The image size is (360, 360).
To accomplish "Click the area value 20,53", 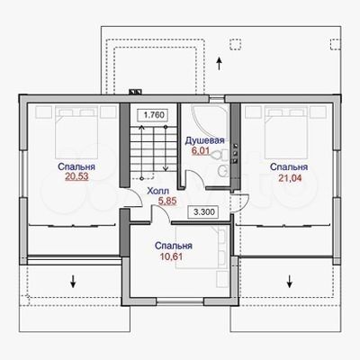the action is (x=76, y=176).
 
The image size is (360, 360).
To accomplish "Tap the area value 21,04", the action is (x=290, y=178).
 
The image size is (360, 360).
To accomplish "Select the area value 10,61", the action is (x=172, y=256).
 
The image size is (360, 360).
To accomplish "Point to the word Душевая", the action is (x=204, y=140).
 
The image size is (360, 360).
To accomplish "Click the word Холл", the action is (x=157, y=191).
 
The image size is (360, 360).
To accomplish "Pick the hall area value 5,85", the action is (x=167, y=201).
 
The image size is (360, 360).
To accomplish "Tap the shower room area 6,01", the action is (x=201, y=150).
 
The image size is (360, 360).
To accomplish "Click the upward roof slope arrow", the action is (x=220, y=63).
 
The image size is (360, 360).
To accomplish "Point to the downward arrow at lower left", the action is (x=73, y=281).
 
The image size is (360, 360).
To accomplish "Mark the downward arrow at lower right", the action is (x=290, y=281).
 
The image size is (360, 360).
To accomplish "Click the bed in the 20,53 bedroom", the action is (x=76, y=133).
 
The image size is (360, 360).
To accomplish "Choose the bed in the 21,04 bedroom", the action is (x=286, y=133).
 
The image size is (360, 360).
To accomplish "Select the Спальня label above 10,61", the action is (x=174, y=246).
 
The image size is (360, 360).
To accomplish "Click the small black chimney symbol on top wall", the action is (x=135, y=92).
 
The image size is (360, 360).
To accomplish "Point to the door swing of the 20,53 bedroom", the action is (x=134, y=198).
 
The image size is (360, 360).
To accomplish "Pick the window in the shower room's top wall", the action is (x=216, y=98).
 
